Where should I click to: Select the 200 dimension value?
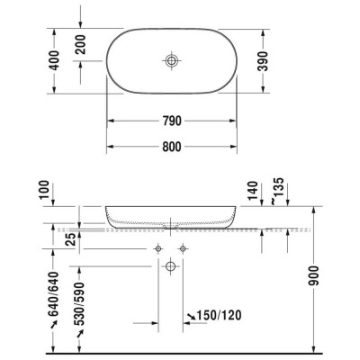(82, 43)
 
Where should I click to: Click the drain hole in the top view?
(171, 60)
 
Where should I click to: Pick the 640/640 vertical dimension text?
(56, 296)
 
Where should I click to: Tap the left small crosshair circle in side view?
(158, 247)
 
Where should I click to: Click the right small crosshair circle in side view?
(183, 247)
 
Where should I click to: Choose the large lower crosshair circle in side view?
(170, 266)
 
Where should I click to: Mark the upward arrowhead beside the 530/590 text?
(81, 332)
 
